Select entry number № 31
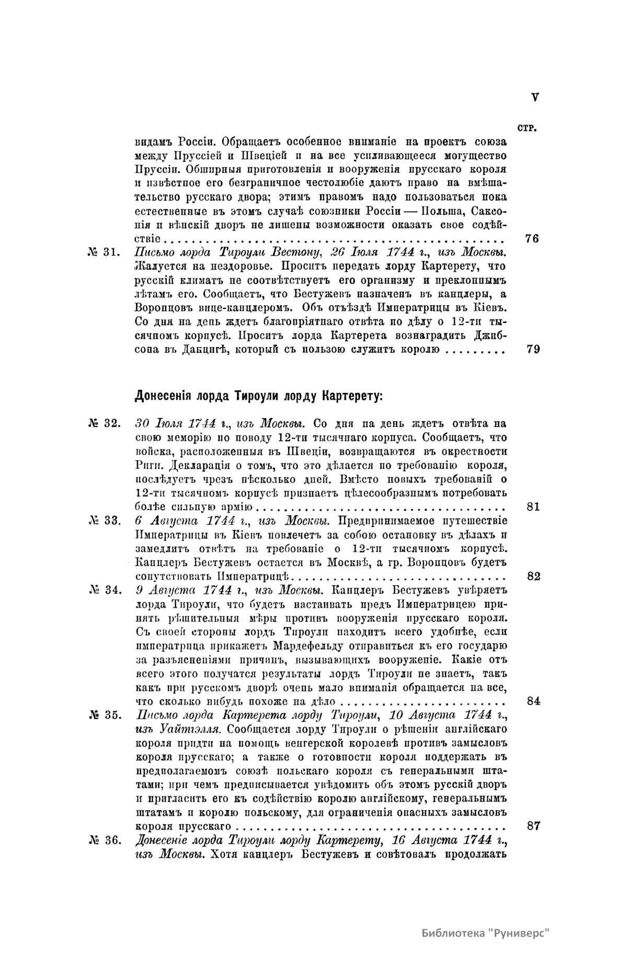pyautogui.click(x=104, y=252)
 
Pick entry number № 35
pyautogui.click(x=104, y=715)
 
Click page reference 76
pyautogui.click(x=533, y=239)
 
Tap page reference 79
pyautogui.click(x=533, y=350)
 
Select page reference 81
pyautogui.click(x=533, y=507)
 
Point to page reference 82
pyautogui.click(x=533, y=576)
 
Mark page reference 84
pyautogui.click(x=533, y=701)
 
